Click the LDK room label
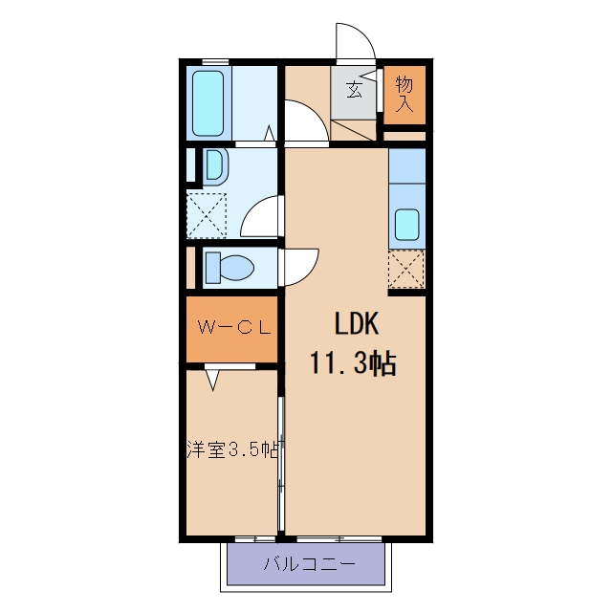point(357,325)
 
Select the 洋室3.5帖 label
point(232,448)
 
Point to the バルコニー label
point(308,564)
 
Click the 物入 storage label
point(404,94)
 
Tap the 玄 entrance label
point(354,92)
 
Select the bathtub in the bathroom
point(208,101)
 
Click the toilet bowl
point(228,268)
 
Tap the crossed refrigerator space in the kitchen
point(406,270)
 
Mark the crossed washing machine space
point(206,214)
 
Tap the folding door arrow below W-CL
point(211,380)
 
